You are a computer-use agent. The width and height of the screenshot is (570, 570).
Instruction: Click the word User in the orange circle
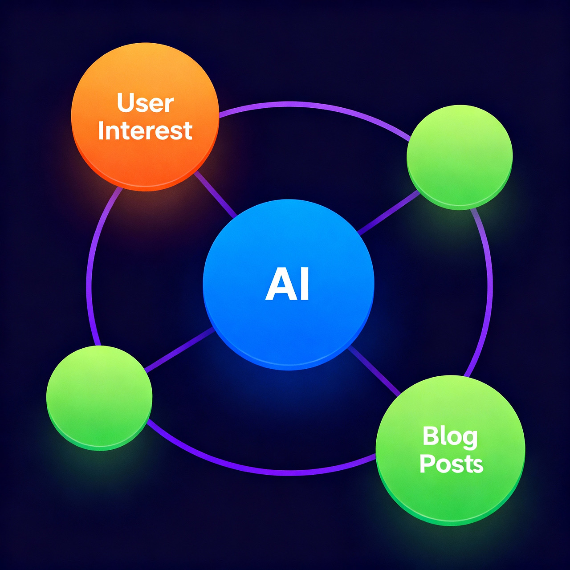pos(145,103)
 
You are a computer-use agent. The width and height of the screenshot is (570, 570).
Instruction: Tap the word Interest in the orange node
pos(145,131)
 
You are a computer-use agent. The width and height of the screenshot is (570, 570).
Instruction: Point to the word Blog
pos(450,436)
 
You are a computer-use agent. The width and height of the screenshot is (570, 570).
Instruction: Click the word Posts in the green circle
pos(451,464)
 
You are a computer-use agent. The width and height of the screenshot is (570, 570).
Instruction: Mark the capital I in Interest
pos(101,130)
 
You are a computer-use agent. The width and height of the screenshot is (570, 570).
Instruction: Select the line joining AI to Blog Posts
pos(374,370)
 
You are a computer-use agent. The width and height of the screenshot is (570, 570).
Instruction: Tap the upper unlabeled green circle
pos(460,157)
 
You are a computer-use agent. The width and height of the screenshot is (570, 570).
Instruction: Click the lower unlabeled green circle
pos(99,398)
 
